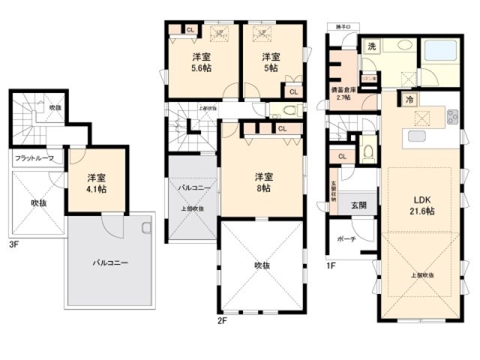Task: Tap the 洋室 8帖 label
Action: (262, 182)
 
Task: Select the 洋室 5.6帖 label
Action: (200, 62)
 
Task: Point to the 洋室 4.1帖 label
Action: (95, 184)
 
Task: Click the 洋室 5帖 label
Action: (271, 62)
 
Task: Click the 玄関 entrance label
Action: (358, 205)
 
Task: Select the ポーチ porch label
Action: (346, 240)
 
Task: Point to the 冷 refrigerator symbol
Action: (409, 99)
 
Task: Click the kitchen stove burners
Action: (452, 117)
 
